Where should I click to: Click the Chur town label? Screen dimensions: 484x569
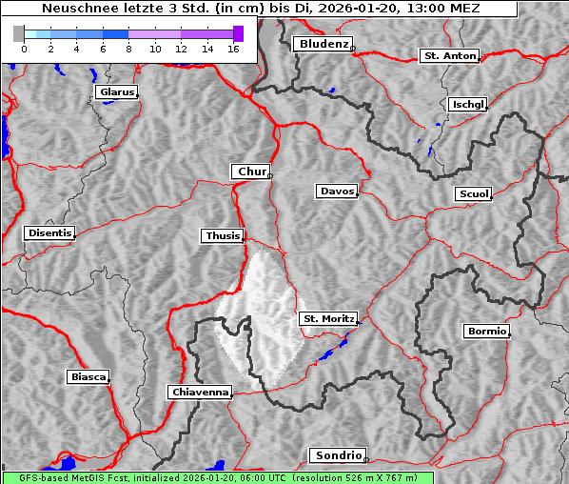pos(251,171)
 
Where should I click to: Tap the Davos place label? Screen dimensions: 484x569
pos(337,192)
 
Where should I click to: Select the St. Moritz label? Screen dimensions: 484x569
pos(328,318)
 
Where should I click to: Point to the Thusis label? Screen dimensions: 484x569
pos(223,235)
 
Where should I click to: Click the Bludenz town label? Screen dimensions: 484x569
pos(323,44)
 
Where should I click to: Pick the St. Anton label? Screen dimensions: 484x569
pos(448,56)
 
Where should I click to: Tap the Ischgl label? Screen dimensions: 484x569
pos(467,104)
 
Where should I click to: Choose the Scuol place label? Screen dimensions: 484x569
pos(474,194)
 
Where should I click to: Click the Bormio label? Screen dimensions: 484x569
pos(486,332)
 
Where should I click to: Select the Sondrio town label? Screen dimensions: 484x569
pos(337,455)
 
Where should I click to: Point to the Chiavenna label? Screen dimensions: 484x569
pos(200,392)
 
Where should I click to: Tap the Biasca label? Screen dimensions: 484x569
pos(88,377)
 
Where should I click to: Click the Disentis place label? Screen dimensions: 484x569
pos(49,232)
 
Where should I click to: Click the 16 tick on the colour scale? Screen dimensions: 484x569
pos(232,48)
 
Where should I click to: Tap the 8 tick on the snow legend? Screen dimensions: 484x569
pos(128,48)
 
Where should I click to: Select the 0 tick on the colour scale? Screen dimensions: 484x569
pos(24,48)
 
